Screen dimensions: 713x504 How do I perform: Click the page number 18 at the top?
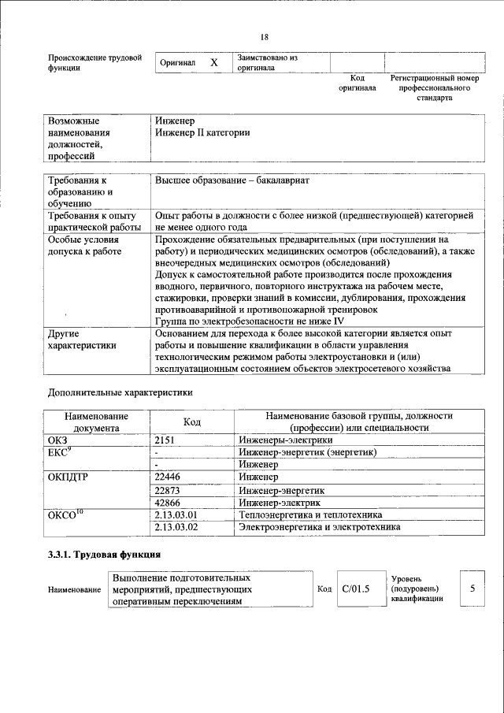click(x=265, y=37)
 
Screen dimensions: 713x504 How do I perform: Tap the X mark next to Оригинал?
click(x=213, y=62)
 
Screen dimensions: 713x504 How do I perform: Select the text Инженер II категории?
click(x=202, y=133)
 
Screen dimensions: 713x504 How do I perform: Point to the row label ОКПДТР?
click(x=69, y=477)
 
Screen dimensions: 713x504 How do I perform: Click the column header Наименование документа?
click(x=96, y=421)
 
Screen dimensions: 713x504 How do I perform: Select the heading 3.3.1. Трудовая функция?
click(x=105, y=555)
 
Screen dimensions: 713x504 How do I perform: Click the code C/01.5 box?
click(x=355, y=589)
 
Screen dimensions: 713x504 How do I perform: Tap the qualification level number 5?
click(x=472, y=589)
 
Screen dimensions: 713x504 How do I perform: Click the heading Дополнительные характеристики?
click(x=120, y=392)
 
